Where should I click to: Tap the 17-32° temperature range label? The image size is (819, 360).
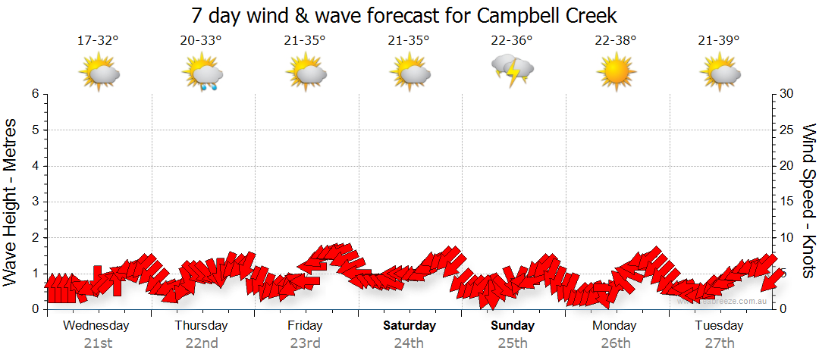coord(98,40)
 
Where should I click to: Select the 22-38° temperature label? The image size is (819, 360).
coord(615,40)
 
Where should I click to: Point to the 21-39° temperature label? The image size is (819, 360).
coord(718,40)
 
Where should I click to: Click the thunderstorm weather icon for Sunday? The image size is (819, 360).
coord(513,72)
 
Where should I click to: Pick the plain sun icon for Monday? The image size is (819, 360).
coord(615,74)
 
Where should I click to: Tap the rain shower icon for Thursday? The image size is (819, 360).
coord(202,74)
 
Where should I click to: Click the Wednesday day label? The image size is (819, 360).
coord(96,326)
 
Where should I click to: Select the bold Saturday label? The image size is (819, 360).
coord(409,326)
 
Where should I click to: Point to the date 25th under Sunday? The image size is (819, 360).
coord(513,343)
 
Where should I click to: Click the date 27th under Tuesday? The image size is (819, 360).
coord(718,343)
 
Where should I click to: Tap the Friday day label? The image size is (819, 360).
coord(305,326)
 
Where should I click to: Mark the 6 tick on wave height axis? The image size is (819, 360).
coord(34,94)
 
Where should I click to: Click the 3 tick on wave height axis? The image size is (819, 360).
coord(34,202)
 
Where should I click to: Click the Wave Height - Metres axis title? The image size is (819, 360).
coord(11,201)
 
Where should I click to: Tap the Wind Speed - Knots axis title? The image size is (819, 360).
coord(808,201)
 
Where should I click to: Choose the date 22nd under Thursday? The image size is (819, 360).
coord(202,343)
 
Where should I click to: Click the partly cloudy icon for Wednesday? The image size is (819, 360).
coord(99,74)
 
